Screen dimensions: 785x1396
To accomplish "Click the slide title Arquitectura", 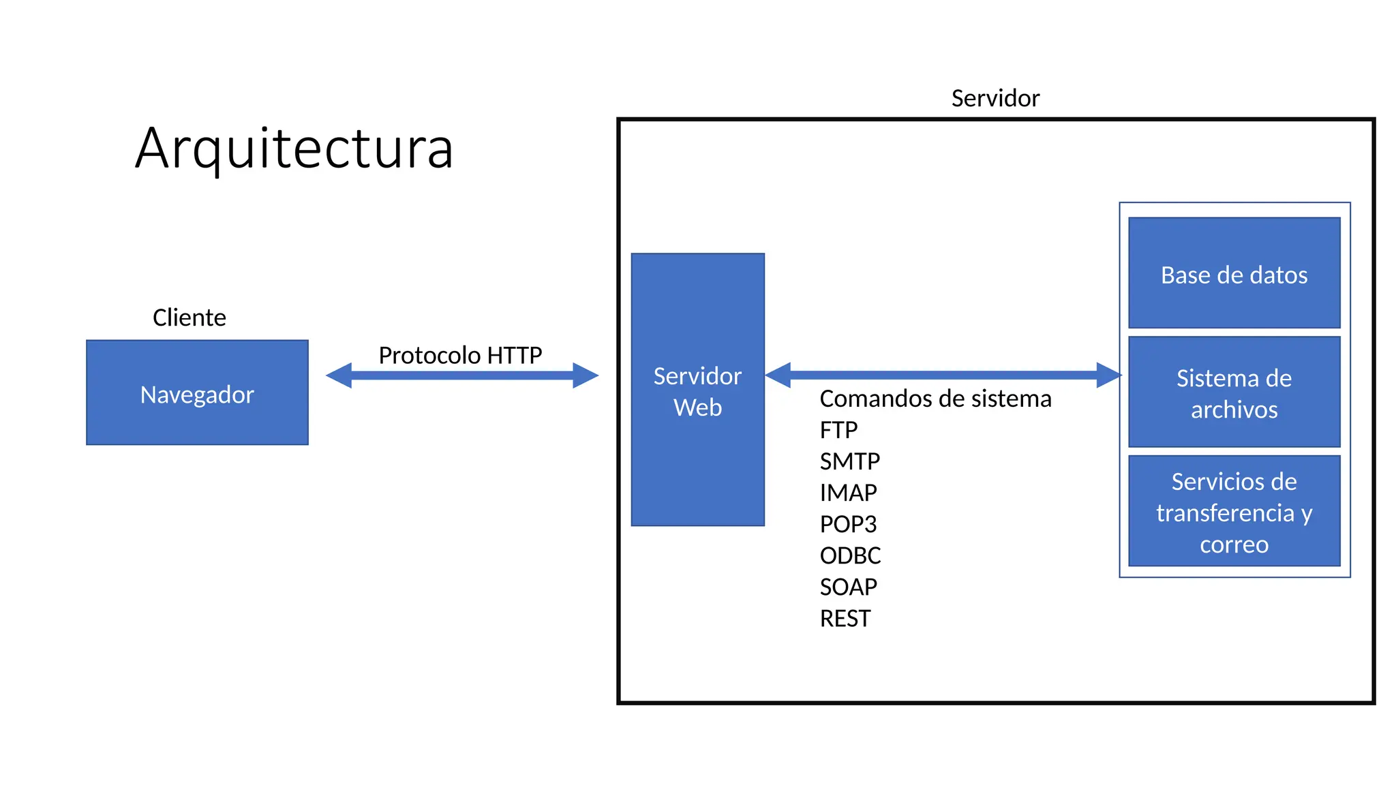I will point(294,149).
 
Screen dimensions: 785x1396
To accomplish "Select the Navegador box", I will point(197,393).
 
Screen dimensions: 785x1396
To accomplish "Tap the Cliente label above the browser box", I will point(189,318).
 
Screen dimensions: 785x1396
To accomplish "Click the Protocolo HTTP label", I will point(460,355).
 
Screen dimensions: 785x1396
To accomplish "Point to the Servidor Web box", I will point(697,390).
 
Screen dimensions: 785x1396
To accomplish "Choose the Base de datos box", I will point(1234,273).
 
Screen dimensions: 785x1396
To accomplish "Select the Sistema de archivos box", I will point(1234,392).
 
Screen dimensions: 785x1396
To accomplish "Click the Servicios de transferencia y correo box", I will point(1234,512).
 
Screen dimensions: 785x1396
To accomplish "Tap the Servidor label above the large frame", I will point(995,98).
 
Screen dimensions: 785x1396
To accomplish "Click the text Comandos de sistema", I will point(935,399).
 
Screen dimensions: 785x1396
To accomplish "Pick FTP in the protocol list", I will point(838,430).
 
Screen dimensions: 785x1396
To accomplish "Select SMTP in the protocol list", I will point(849,461).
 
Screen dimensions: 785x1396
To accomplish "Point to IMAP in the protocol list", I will point(848,493).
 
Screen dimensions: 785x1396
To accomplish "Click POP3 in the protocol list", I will point(848,524).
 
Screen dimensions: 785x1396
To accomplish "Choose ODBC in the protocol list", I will point(850,555).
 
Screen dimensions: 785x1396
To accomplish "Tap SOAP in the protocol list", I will point(848,587).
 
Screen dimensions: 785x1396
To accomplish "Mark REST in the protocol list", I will point(845,618).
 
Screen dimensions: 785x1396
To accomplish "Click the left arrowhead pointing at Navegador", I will point(339,375).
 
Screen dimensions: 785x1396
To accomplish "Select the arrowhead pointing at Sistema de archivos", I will point(1108,375).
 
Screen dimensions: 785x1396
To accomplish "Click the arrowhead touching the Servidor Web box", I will point(778,375).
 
